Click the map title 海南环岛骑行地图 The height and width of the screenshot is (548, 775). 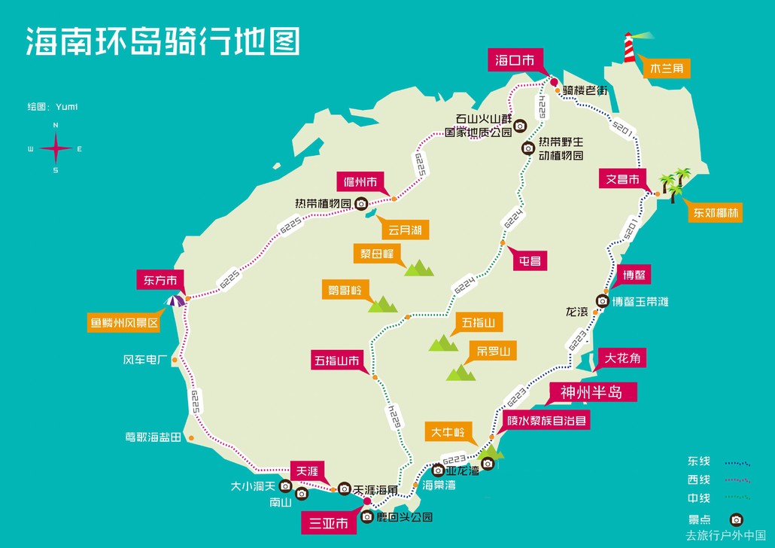click(163, 41)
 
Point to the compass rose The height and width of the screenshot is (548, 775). click(56, 148)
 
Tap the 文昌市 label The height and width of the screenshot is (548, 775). click(623, 180)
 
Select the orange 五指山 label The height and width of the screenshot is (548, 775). click(478, 323)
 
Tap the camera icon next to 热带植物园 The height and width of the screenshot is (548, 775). click(361, 204)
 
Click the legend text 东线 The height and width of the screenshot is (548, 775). click(698, 461)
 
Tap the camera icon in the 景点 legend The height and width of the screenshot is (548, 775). click(736, 519)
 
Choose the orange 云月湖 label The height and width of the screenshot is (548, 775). click(405, 230)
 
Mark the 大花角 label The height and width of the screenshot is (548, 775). click(621, 358)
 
